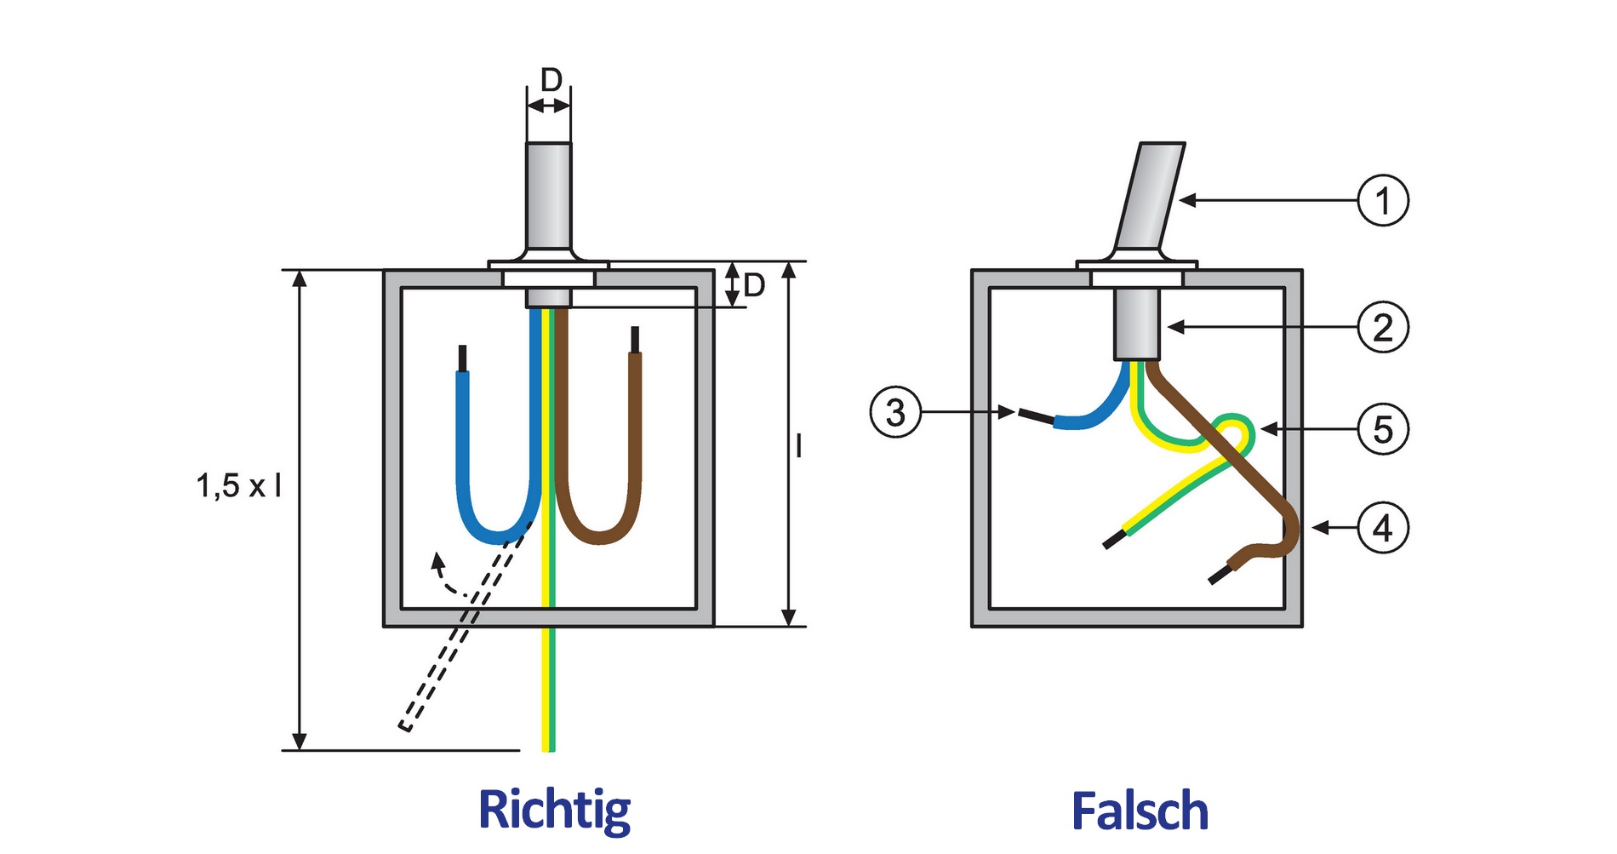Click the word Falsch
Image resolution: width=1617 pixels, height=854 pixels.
point(1140,811)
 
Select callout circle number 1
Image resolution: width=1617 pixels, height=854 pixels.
point(1382,201)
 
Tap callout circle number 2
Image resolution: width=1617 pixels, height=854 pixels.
point(1382,328)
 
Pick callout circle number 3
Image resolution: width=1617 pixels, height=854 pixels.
point(895,413)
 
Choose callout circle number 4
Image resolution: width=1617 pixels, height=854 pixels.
point(1382,528)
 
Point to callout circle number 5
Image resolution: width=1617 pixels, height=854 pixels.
point(1382,428)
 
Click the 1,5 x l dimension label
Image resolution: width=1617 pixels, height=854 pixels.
point(239,486)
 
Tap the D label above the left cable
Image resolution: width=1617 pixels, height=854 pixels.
point(551,81)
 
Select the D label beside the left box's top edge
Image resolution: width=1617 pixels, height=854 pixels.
point(754,286)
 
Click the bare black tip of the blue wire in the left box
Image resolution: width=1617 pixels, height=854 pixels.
point(463,358)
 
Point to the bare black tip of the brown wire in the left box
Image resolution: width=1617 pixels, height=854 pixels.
point(635,339)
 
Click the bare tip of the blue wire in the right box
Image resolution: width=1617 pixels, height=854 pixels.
point(1036,416)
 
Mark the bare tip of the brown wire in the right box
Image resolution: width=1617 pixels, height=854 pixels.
point(1220,576)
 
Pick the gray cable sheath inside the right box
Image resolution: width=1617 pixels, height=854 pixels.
point(1138,324)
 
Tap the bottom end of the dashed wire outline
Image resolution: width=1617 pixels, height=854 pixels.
point(406,725)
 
